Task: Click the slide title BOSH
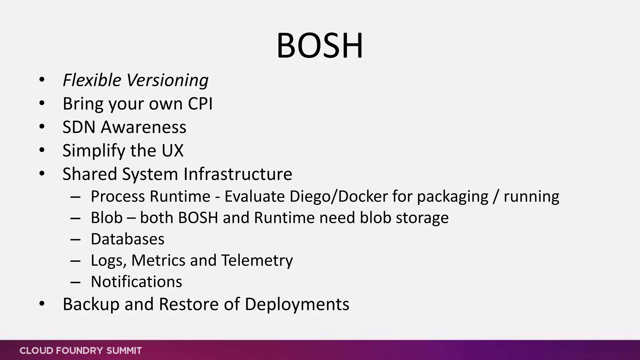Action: [x=320, y=46]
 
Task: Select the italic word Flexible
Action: [x=92, y=80]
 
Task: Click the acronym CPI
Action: [x=200, y=103]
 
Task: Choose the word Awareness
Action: [x=143, y=127]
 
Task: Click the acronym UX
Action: [x=172, y=150]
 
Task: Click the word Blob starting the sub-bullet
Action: [x=107, y=217]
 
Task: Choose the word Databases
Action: [x=127, y=239]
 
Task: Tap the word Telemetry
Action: [x=257, y=261]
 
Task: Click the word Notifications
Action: [x=136, y=282]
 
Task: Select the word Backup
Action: [x=91, y=304]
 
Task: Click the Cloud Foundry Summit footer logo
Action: [x=81, y=351]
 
